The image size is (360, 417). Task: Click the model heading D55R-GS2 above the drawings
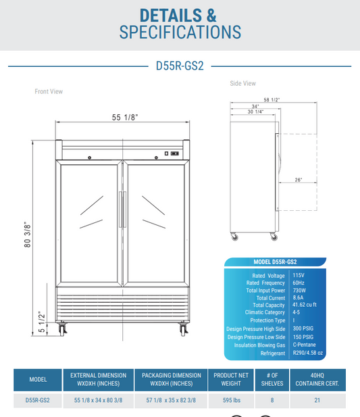click(180, 66)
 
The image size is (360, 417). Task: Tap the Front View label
click(49, 91)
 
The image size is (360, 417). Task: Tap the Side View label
click(243, 84)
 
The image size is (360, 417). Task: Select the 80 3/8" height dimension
click(28, 235)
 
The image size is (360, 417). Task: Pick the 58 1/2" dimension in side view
click(272, 99)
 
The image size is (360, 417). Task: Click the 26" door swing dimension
click(298, 180)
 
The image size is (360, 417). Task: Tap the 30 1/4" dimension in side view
click(255, 112)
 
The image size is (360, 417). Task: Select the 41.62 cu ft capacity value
click(307, 305)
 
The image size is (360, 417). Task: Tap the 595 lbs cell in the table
click(232, 400)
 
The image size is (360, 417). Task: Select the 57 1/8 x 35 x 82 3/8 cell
click(172, 400)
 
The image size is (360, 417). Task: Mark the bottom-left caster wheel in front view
click(64, 330)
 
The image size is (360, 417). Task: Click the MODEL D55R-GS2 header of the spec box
click(275, 262)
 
